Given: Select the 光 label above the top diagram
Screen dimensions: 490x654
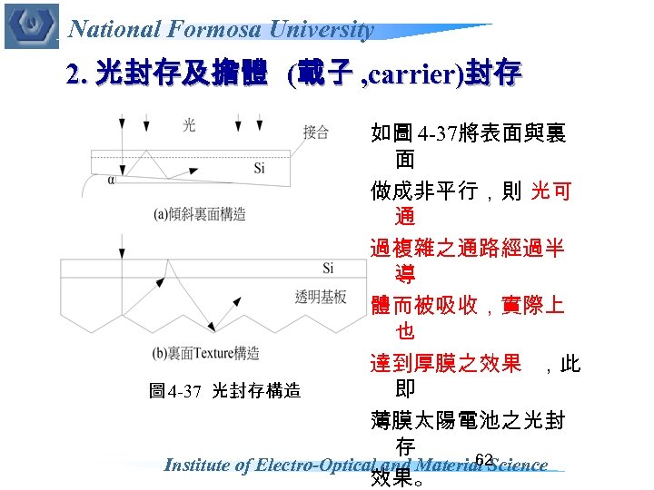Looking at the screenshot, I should [188, 124].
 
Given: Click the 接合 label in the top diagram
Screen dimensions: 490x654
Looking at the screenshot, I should [316, 132].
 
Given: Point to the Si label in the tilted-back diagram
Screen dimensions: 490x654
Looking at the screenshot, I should [260, 168].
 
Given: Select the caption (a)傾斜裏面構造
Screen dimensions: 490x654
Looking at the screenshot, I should [200, 214].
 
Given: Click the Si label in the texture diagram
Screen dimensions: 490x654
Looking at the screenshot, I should [328, 268].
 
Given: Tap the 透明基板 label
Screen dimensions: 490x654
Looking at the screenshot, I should [321, 297].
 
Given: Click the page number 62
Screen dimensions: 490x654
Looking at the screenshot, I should [483, 459].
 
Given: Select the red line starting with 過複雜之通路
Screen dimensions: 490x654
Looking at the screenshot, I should [468, 248].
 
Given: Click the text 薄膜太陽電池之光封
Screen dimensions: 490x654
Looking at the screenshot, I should [468, 420].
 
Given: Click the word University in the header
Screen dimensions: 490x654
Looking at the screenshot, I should [329, 29].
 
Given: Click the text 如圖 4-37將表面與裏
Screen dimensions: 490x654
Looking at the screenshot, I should [468, 134].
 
